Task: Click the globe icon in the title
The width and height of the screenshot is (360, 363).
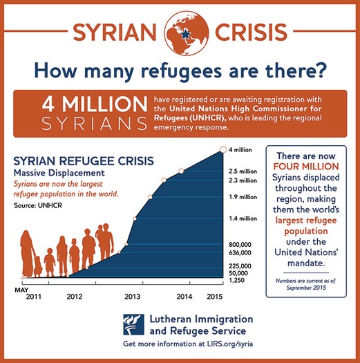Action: coord(180,28)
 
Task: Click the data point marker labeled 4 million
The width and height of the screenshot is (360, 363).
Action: coord(222,149)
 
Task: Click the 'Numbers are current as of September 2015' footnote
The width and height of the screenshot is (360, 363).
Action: coord(310,285)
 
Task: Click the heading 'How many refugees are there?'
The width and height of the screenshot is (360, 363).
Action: coord(180,70)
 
